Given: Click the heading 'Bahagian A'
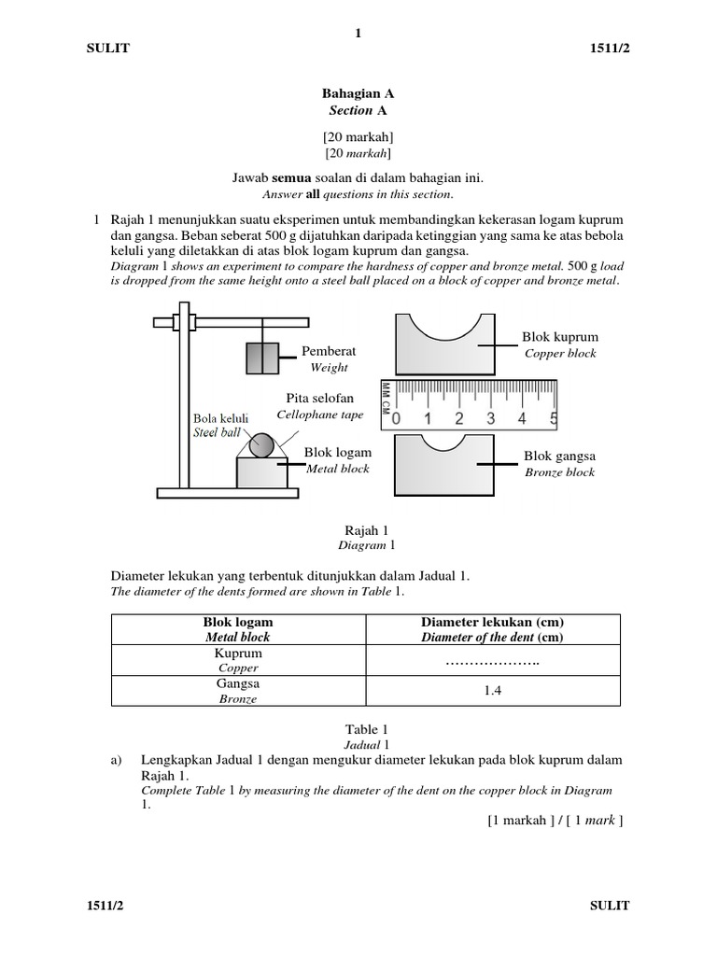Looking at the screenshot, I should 358,93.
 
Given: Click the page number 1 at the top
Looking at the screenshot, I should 358,34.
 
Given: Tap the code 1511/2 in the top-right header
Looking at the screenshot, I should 609,49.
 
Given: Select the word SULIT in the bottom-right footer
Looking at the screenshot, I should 611,906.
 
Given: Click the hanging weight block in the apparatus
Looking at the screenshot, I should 262,358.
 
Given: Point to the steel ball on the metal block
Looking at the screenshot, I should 263,444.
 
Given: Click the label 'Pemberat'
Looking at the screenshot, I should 329,351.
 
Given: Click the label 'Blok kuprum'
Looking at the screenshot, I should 560,337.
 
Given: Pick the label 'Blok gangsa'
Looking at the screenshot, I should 559,457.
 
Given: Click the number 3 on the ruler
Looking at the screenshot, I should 490,418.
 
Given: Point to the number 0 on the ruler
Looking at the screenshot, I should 396,418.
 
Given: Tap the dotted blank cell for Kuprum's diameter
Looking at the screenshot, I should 493,661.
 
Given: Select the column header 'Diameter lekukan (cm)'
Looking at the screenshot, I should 493,622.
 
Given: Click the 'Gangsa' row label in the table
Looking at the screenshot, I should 238,683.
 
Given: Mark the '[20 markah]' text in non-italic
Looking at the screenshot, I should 358,136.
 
